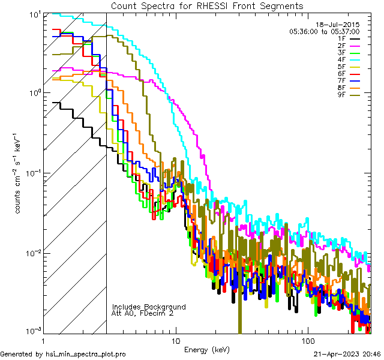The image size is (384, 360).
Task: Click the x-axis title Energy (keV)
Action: tap(206, 349)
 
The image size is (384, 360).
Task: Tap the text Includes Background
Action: tap(149, 307)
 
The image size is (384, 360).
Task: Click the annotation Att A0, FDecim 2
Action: tap(143, 313)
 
